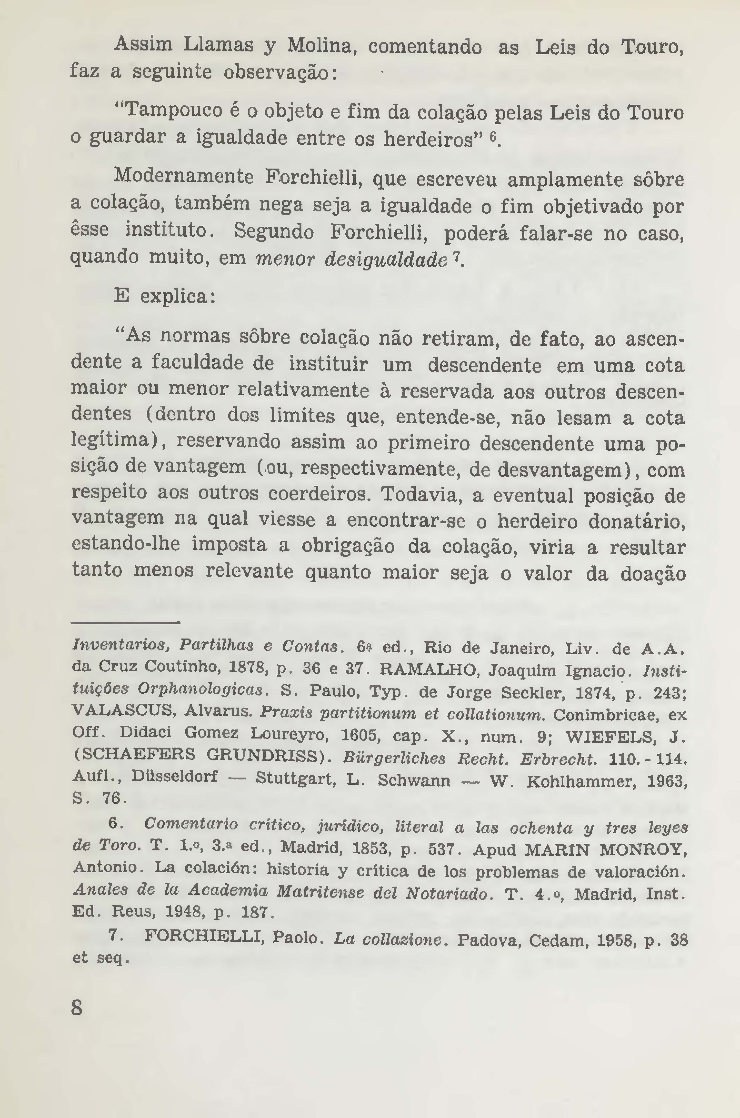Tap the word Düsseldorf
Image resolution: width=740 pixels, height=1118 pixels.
(x=174, y=776)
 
